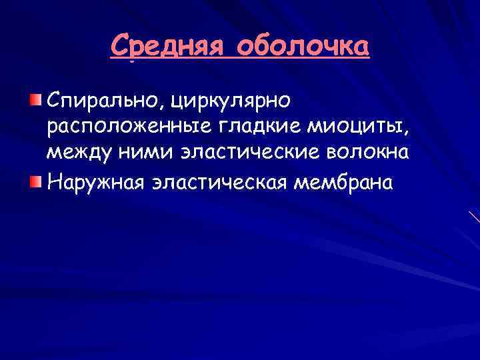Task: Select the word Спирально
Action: pyautogui.click(x=105, y=101)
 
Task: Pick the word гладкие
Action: pyautogui.click(x=241, y=127)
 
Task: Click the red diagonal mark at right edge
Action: pyautogui.click(x=474, y=217)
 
